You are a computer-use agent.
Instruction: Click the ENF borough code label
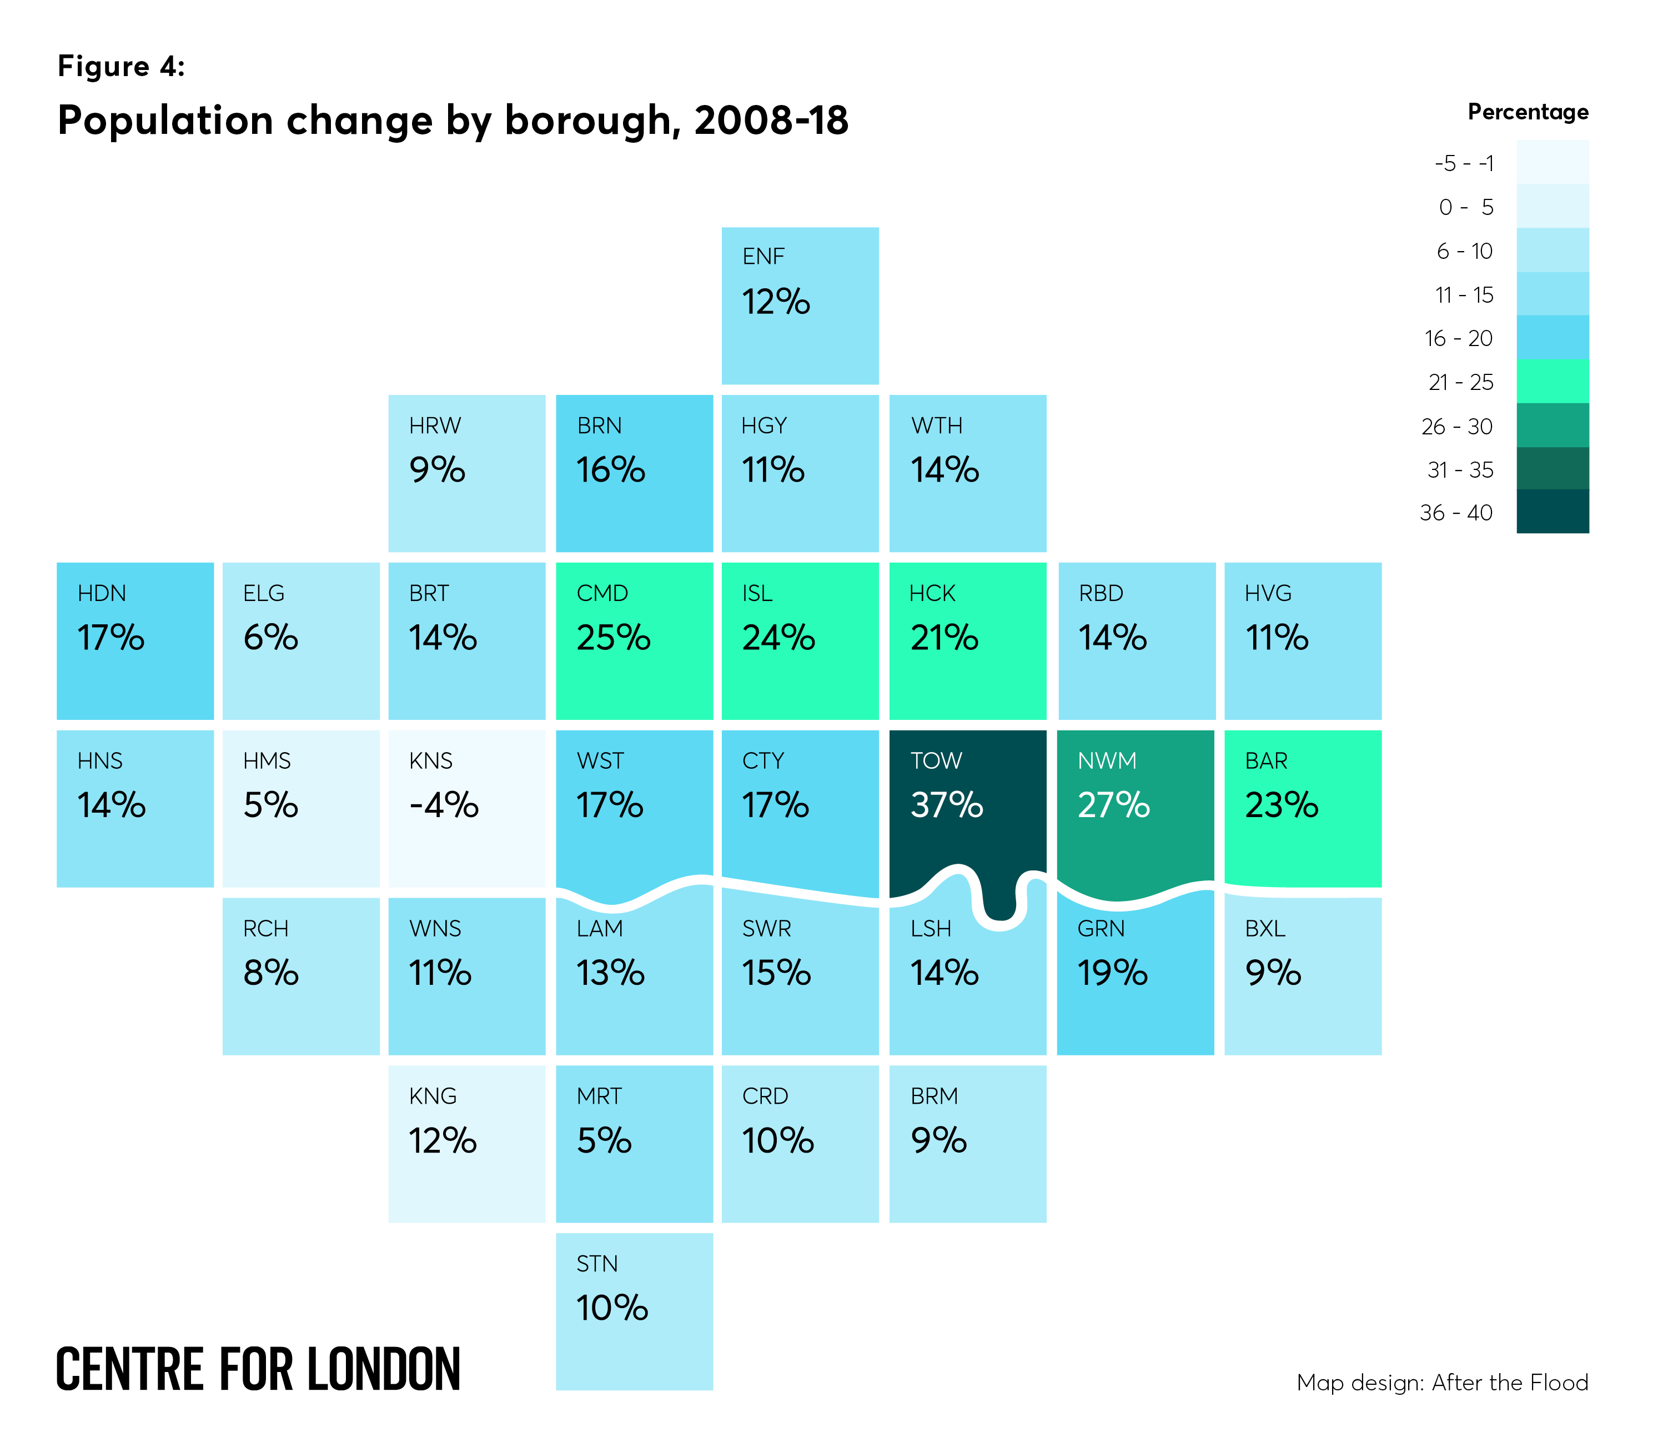click(x=762, y=256)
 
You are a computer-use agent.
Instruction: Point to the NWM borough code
click(x=1106, y=760)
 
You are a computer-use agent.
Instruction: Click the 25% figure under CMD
click(x=613, y=637)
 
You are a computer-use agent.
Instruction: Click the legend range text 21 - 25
click(x=1460, y=382)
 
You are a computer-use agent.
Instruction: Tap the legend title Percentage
click(x=1527, y=112)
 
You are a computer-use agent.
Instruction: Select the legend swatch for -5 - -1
click(x=1552, y=162)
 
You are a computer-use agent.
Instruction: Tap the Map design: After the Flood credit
click(x=1441, y=1382)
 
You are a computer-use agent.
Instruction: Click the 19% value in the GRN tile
click(x=1112, y=973)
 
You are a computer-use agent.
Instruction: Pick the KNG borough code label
click(x=433, y=1096)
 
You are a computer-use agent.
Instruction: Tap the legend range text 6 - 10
click(x=1463, y=251)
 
